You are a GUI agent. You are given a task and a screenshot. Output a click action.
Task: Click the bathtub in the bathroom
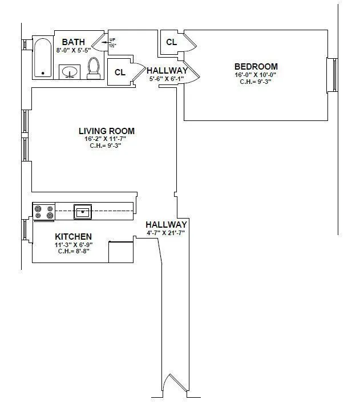point(42,58)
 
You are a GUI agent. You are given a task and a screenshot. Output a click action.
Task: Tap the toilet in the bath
point(94,68)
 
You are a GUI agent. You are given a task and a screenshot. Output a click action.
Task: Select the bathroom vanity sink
point(70,72)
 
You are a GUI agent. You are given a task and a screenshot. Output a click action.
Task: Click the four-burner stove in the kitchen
point(44,212)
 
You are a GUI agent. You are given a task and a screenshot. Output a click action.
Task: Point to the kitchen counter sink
point(83,211)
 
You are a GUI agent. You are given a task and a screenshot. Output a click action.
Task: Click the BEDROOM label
point(256,66)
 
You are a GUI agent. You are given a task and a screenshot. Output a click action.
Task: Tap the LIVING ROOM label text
point(107,131)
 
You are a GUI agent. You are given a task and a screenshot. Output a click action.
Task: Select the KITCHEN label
point(73,236)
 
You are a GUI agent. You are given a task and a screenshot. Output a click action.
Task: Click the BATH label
point(74,42)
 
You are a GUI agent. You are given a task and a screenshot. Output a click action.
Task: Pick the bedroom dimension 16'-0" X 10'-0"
point(256,75)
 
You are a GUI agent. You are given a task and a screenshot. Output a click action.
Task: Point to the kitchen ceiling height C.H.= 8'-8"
point(74,251)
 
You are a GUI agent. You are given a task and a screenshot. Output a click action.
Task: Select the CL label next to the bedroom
point(171,42)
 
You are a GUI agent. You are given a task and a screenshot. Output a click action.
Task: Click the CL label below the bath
point(120,72)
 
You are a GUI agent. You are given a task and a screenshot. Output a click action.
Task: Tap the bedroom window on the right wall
point(331,75)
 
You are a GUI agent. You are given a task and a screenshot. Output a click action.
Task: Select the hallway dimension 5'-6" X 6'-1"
point(166,79)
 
